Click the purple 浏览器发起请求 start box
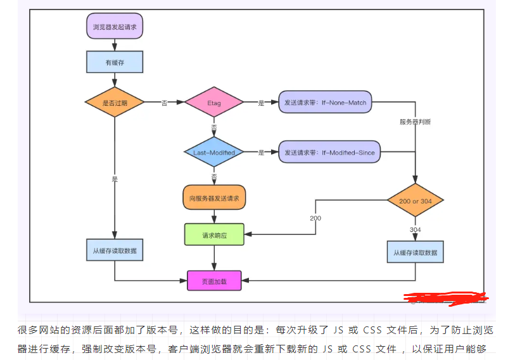click(115, 27)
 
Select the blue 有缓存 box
click(115, 61)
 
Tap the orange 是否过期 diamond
click(115, 102)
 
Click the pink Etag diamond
click(214, 102)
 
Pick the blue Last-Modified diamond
click(214, 152)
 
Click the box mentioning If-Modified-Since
click(329, 152)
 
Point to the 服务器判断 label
click(415, 122)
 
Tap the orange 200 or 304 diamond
click(416, 201)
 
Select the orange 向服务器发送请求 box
click(214, 198)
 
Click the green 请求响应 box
click(214, 235)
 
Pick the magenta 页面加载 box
click(214, 280)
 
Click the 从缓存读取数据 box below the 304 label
click(416, 252)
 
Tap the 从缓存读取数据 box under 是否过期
click(115, 250)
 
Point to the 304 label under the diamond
click(416, 229)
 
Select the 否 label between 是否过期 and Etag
click(165, 103)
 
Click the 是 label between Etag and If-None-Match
click(261, 103)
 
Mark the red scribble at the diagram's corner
click(447, 297)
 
